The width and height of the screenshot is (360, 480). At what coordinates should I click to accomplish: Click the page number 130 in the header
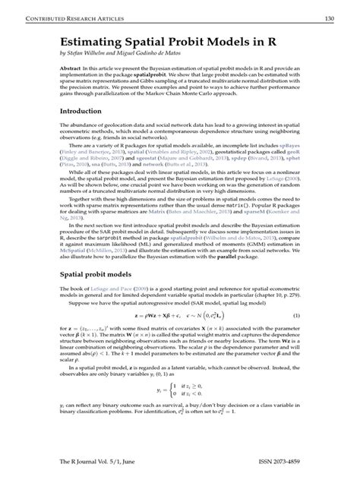tap(330, 17)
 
